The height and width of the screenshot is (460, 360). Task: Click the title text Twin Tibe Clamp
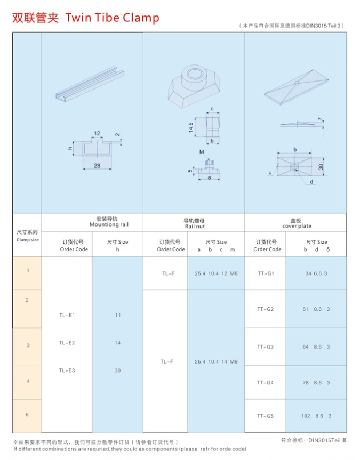tap(112, 18)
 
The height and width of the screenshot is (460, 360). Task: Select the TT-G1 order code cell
tap(265, 273)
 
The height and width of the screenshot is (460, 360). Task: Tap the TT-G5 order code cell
tap(265, 416)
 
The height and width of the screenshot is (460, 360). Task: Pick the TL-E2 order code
tap(67, 343)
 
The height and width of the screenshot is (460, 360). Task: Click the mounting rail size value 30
tap(118, 370)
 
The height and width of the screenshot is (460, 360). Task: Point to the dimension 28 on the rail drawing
tap(97, 166)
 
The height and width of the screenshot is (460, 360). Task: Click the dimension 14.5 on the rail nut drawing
tap(191, 128)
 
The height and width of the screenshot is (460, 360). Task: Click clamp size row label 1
tap(28, 271)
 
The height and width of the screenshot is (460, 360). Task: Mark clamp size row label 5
tap(27, 414)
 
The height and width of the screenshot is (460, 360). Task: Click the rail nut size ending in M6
tap(216, 273)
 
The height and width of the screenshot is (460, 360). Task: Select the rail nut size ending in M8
tap(216, 361)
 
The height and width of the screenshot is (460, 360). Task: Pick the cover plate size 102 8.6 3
tap(316, 416)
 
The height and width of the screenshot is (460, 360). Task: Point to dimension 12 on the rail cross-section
tap(97, 133)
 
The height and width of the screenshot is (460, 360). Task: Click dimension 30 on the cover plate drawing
tap(321, 166)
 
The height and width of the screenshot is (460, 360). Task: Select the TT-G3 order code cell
tap(265, 347)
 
